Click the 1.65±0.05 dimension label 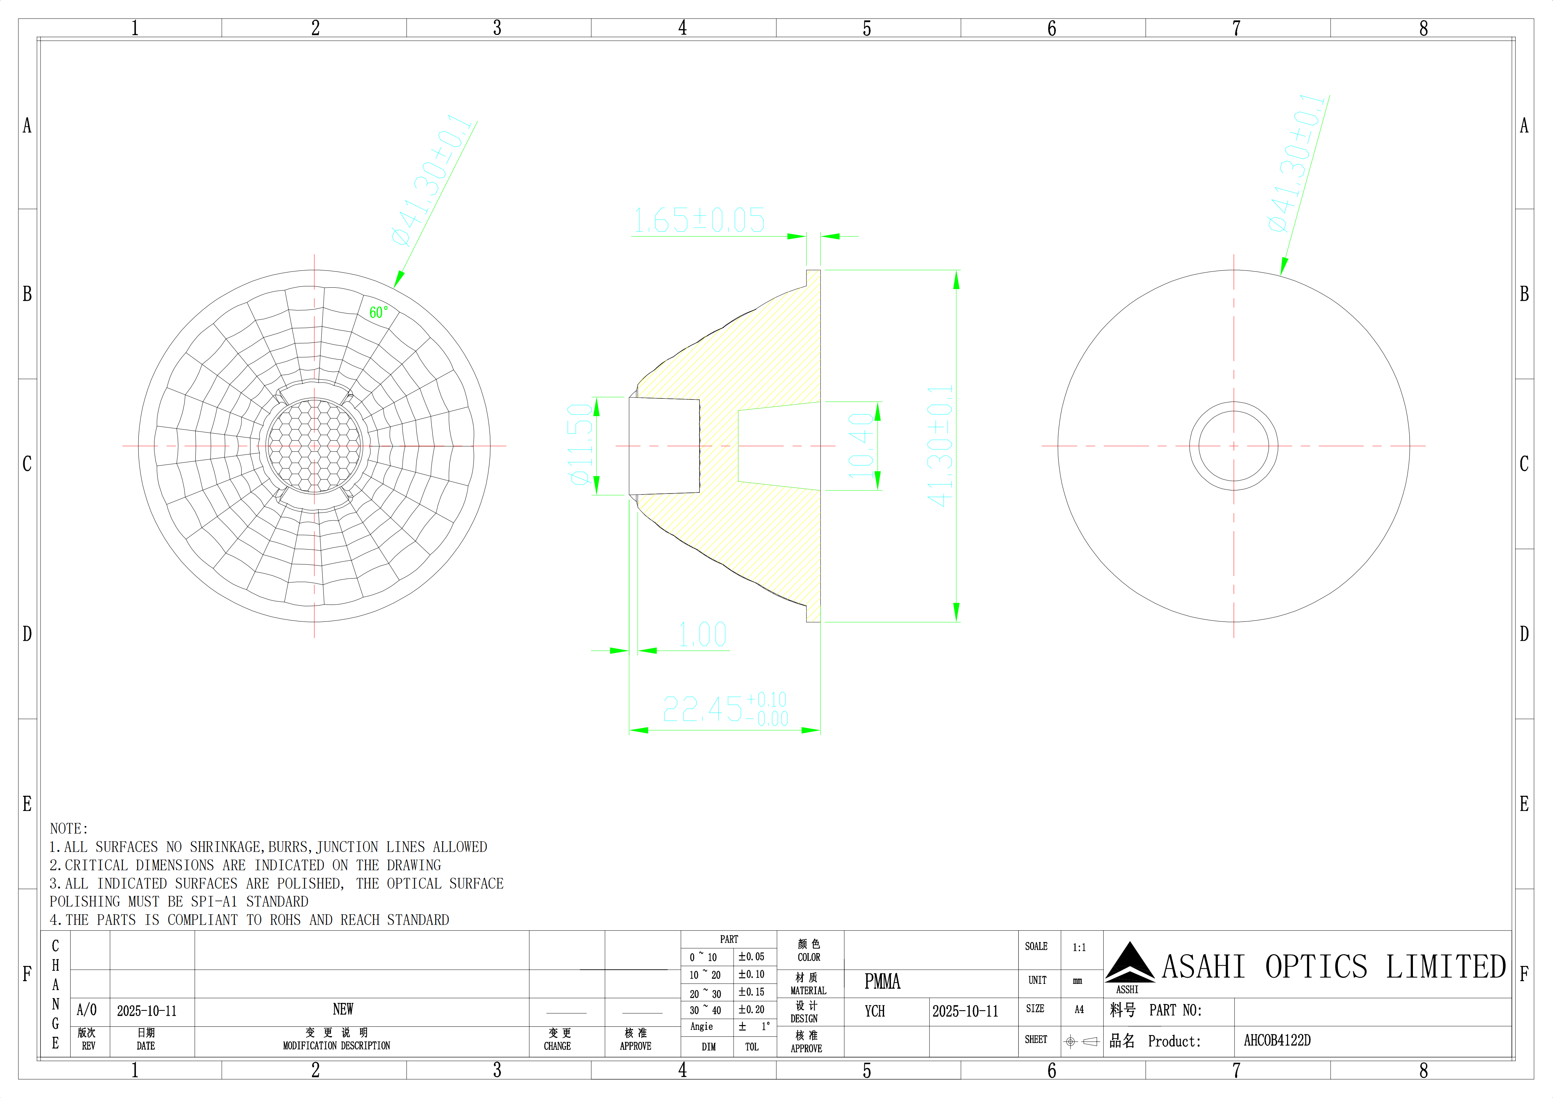699,220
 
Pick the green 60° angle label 379,312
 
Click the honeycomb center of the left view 314,446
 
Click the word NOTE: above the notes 69,829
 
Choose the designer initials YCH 875,1012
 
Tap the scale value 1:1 1079,948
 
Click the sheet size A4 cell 1079,1009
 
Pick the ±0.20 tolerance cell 752,1009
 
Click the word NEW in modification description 343,1009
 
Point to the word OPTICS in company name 1316,968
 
